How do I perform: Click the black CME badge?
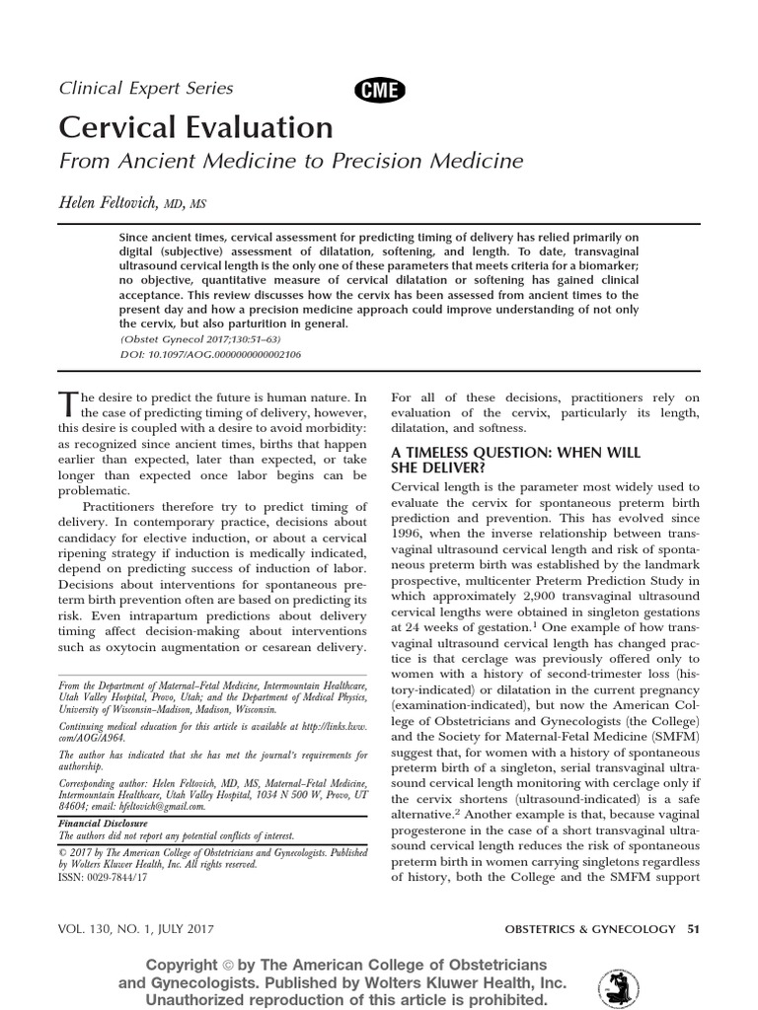point(380,90)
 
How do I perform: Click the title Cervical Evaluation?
point(196,127)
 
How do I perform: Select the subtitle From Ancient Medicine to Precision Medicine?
point(291,161)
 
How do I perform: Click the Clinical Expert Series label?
point(146,88)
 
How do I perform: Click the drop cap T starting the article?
point(67,403)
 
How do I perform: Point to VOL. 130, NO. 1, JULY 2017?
point(138,929)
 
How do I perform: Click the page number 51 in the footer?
point(692,929)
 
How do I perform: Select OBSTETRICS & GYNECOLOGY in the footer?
point(589,929)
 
